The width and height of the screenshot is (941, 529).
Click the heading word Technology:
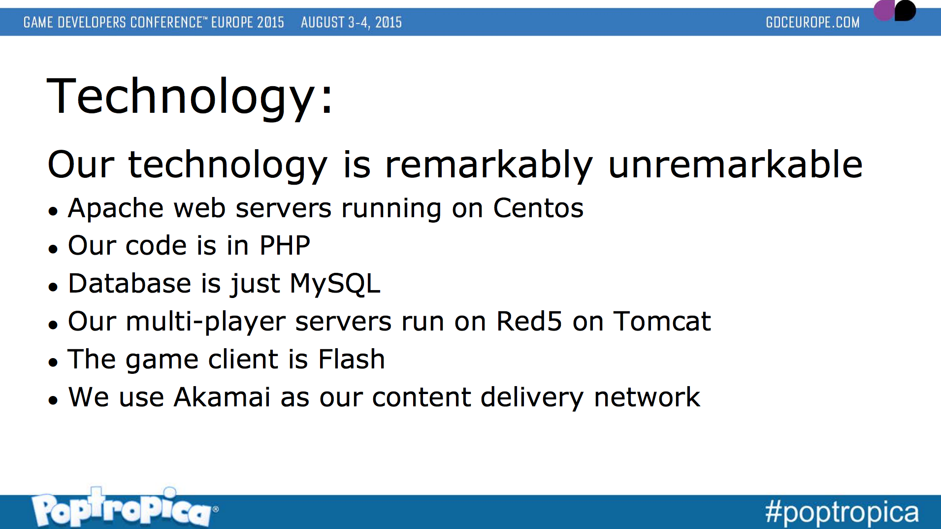(190, 97)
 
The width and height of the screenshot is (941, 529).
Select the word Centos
(538, 208)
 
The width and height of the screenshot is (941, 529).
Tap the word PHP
(285, 245)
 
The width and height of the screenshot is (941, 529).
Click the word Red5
(529, 321)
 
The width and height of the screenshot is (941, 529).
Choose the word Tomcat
(662, 321)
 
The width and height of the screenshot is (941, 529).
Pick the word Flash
(352, 359)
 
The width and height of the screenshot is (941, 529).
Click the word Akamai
(222, 397)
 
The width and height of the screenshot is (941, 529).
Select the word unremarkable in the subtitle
(735, 164)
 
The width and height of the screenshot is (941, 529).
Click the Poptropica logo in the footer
(124, 507)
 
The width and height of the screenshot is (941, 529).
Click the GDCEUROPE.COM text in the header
(812, 22)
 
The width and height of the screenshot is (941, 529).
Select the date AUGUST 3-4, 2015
(351, 22)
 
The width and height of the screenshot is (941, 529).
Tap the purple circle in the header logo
(884, 10)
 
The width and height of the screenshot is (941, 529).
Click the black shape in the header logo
(905, 10)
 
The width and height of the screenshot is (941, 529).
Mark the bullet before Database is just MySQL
(53, 287)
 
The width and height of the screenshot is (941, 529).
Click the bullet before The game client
(53, 363)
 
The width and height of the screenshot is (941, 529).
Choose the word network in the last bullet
(647, 397)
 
